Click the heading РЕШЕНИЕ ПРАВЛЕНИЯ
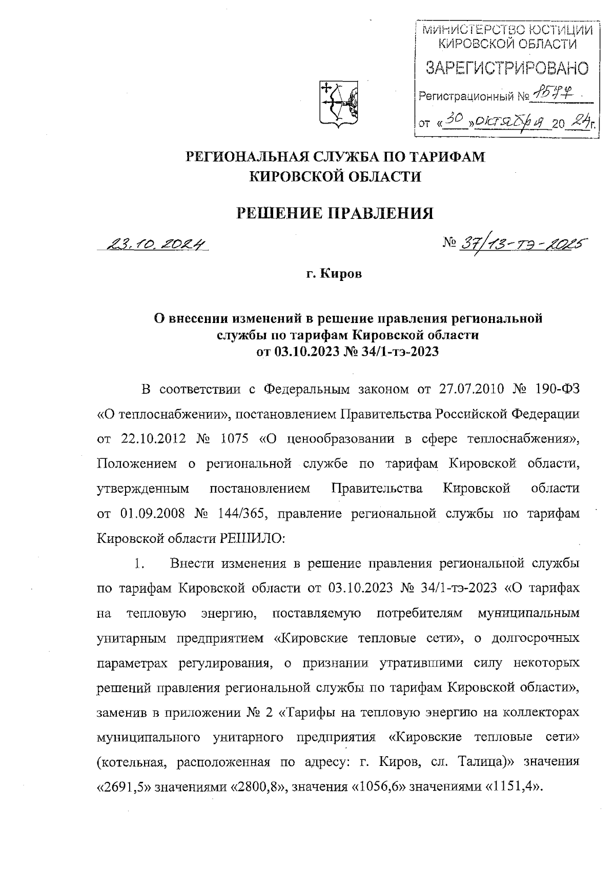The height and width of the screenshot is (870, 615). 334,213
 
